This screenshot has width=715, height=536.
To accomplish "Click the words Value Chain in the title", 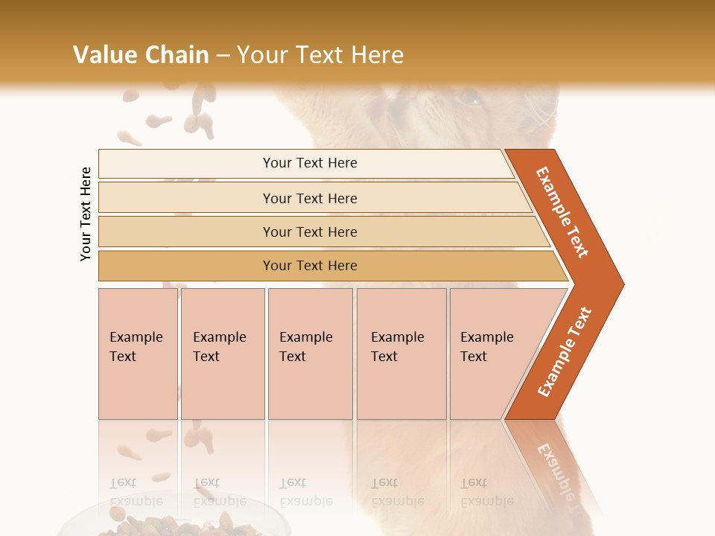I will (x=141, y=55).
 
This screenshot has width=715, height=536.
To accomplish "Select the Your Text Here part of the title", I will (x=320, y=55).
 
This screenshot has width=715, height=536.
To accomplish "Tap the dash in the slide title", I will (x=223, y=56).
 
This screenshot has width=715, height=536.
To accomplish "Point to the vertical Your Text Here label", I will (x=86, y=214).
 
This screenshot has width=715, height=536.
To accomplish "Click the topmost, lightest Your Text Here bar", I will (x=309, y=163).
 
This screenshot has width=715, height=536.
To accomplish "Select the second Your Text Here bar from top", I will (x=309, y=198).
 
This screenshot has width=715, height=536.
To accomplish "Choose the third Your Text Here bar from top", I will (x=309, y=232).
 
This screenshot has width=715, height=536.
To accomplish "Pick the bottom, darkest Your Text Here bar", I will (x=309, y=266).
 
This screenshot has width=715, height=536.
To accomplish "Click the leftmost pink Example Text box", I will (x=138, y=353).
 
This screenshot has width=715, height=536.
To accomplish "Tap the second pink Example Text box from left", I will (x=222, y=353).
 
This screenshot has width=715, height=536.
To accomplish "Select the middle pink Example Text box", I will (x=310, y=353).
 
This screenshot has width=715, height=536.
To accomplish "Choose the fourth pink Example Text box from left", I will (x=401, y=353).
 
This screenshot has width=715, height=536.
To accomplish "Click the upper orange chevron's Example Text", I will (x=562, y=212).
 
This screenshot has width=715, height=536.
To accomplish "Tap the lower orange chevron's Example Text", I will (x=565, y=352).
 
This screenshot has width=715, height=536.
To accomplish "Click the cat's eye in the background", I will (x=469, y=97).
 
